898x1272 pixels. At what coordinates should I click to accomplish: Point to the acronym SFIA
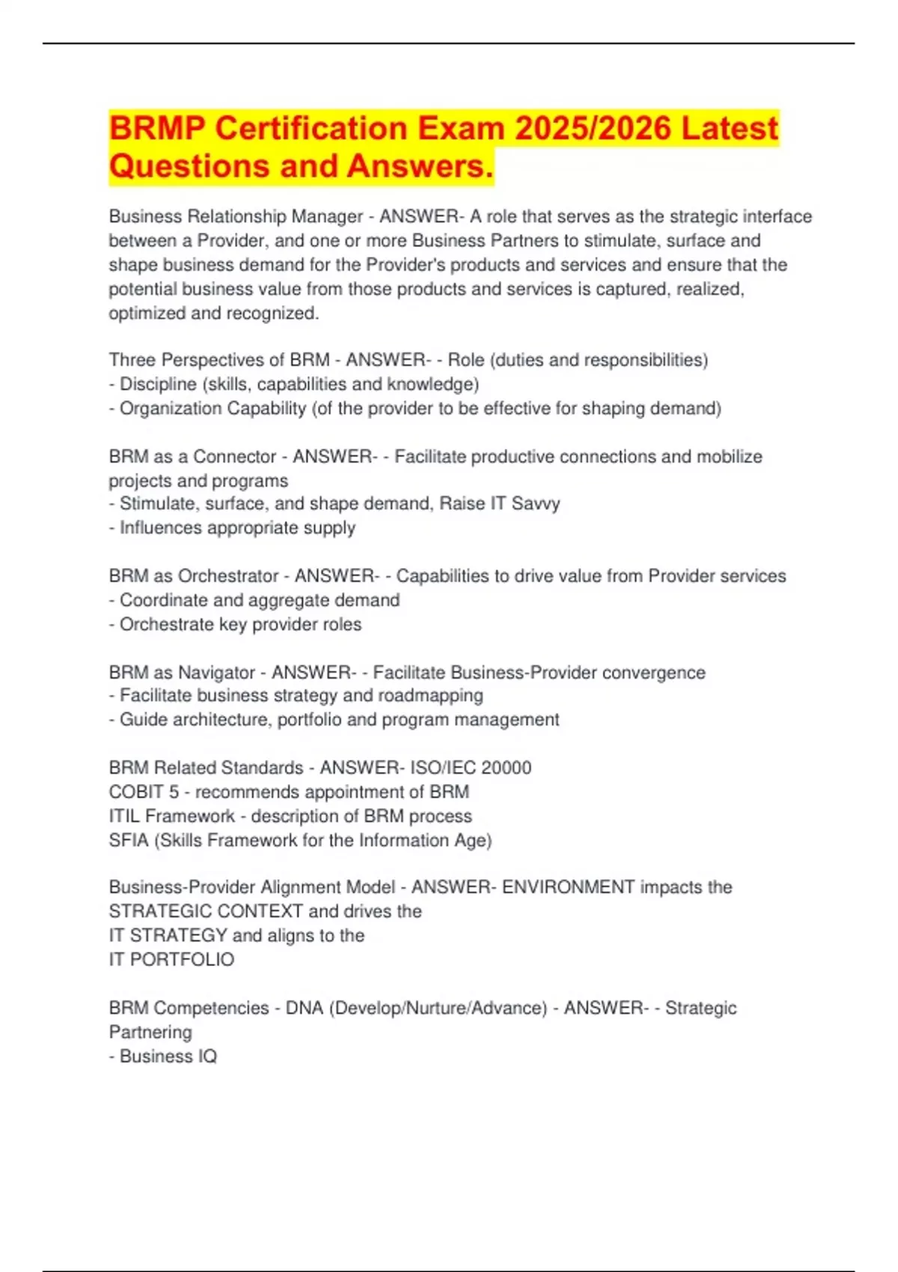[x=129, y=840]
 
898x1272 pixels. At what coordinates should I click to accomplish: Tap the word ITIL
[x=124, y=816]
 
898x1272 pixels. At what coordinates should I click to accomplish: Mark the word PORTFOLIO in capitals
[x=182, y=960]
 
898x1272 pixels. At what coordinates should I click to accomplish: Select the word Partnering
[x=150, y=1033]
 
